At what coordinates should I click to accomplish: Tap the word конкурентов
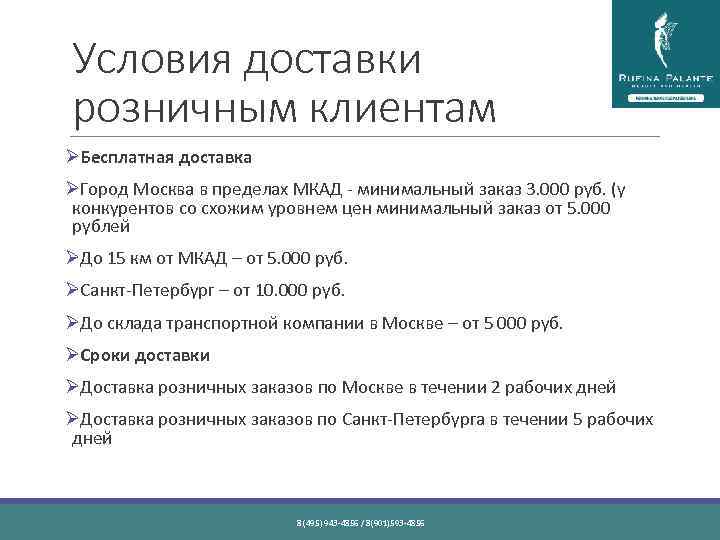[124, 208]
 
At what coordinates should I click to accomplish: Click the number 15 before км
[118, 259]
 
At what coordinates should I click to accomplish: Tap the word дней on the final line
[92, 438]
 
